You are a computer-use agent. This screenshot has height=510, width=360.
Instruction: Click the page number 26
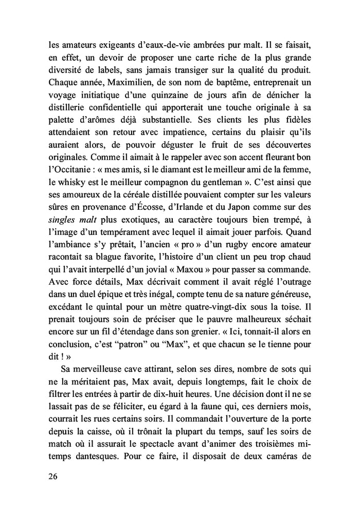[x=51, y=476]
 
